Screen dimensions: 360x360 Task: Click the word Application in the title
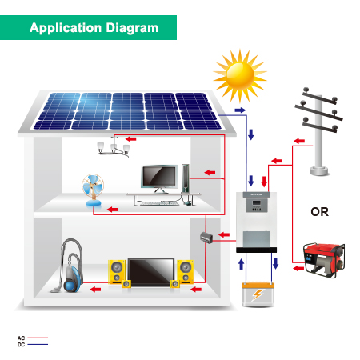click(63, 27)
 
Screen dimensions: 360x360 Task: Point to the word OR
click(319, 212)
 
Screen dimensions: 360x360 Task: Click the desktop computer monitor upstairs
click(158, 178)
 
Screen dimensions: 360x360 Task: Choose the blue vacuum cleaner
click(70, 270)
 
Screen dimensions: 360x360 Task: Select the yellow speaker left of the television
click(117, 272)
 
